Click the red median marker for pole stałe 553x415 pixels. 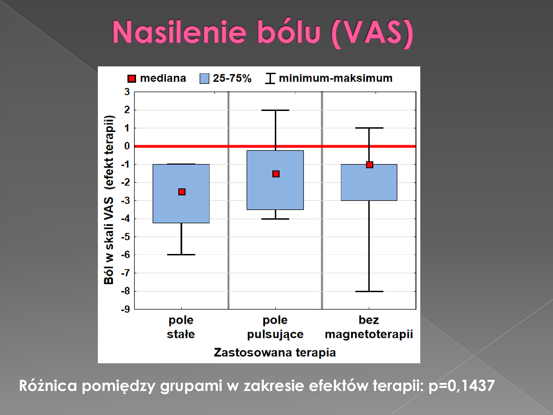(x=182, y=192)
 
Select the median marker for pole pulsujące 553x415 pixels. (x=276, y=174)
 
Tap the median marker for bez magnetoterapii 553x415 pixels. (x=369, y=165)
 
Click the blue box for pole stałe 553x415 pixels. (x=181, y=194)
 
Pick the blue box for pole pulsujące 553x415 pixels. (x=275, y=180)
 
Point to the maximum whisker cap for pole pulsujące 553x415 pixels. (x=275, y=110)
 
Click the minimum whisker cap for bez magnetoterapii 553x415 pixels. (x=369, y=291)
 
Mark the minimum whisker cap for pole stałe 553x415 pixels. (x=181, y=255)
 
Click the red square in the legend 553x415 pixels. (x=132, y=79)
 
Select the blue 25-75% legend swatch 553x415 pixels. (x=204, y=79)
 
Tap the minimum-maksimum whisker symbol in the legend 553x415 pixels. (x=270, y=78)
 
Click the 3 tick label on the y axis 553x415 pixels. (x=127, y=92)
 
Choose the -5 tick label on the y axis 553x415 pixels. (x=126, y=237)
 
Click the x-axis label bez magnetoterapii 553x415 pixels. (x=369, y=327)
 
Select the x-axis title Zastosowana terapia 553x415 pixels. (x=275, y=352)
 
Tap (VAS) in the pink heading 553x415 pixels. (x=372, y=33)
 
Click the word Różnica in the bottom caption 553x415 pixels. (x=48, y=385)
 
